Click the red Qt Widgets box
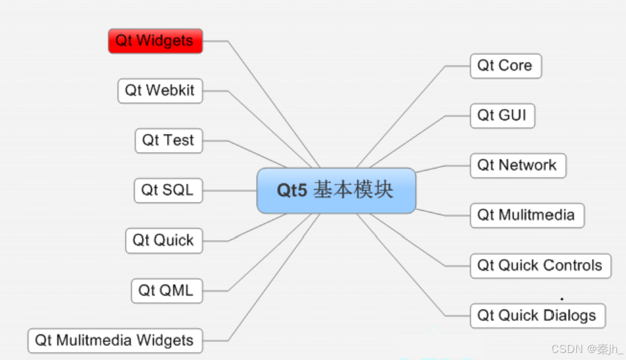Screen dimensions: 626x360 [155, 41]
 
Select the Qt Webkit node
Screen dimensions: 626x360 [160, 91]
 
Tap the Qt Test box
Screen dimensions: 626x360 [168, 140]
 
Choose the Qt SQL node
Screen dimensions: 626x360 [168, 190]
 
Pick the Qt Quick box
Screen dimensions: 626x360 [163, 241]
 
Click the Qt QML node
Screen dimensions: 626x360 [166, 291]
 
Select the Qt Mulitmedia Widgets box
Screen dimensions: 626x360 [115, 340]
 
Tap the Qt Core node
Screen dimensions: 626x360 [505, 66]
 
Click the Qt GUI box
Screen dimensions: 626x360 [502, 116]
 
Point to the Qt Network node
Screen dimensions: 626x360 [518, 165]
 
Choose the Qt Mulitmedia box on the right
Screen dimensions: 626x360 [526, 215]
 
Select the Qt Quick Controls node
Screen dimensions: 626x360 [540, 266]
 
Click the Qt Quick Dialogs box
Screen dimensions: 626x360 [537, 315]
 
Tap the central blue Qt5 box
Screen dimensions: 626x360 [336, 190]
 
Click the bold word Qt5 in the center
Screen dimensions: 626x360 [292, 190]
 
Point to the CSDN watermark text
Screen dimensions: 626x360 [587, 349]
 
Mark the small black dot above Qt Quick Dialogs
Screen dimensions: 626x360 [562, 299]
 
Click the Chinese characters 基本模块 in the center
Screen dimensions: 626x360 [354, 190]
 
